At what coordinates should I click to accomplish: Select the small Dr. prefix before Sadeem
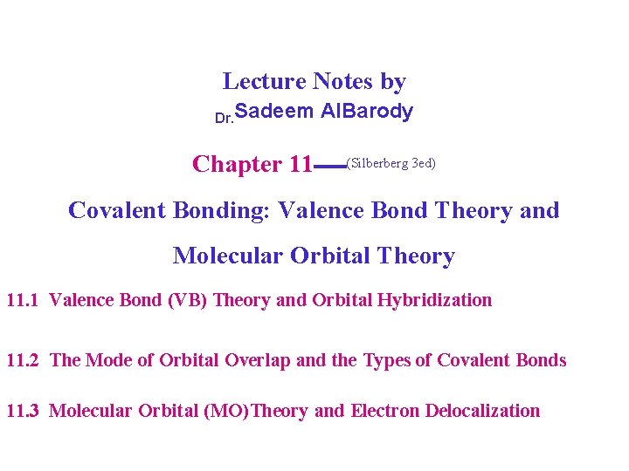tap(224, 118)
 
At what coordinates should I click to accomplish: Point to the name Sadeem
tap(274, 112)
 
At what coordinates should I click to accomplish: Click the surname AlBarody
tap(367, 112)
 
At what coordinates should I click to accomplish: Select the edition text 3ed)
tap(424, 163)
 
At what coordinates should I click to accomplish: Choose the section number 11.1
tap(23, 300)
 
